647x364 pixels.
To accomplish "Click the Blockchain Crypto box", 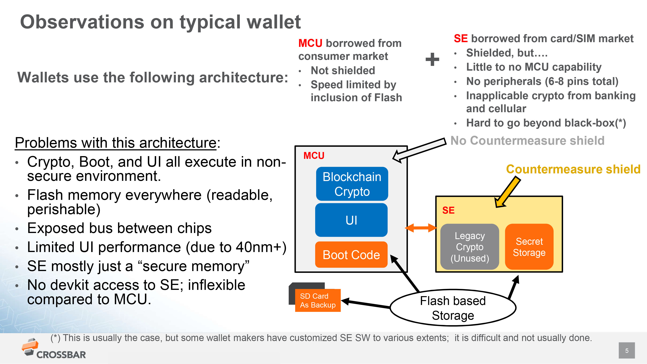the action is pyautogui.click(x=352, y=184).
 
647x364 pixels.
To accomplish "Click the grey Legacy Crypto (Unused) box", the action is pyautogui.click(x=470, y=247).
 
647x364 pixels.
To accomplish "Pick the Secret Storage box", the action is pyautogui.click(x=529, y=247).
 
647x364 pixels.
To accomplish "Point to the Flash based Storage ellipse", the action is pyautogui.click(x=453, y=308).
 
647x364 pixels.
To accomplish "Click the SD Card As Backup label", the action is pyautogui.click(x=318, y=300).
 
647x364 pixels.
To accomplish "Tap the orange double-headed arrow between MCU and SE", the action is pyautogui.click(x=421, y=228).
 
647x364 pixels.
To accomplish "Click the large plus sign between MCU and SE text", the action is pyautogui.click(x=432, y=59).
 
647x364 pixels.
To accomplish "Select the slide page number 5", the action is pyautogui.click(x=627, y=350).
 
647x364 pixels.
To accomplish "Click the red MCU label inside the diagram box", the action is pyautogui.click(x=314, y=156).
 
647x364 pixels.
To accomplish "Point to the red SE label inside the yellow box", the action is pyautogui.click(x=448, y=210).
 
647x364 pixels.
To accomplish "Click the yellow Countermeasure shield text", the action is pyautogui.click(x=573, y=169).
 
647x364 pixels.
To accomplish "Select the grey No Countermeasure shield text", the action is pyautogui.click(x=527, y=140).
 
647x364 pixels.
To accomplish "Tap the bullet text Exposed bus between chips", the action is pyautogui.click(x=119, y=228).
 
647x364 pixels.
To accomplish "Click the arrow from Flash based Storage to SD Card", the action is pyautogui.click(x=366, y=304).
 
